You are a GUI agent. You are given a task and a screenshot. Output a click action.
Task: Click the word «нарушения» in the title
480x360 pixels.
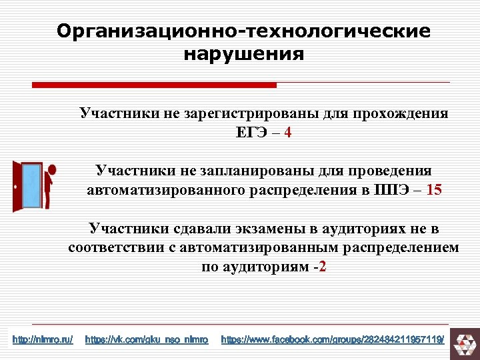point(243,53)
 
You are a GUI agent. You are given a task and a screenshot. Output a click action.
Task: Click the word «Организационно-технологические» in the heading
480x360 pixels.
point(243,31)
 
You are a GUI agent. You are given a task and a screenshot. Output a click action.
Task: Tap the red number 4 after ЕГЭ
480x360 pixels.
point(287,133)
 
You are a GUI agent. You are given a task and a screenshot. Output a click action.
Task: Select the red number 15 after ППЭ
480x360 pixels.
point(433,190)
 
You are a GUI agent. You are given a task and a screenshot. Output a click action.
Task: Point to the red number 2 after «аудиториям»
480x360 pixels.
point(323,267)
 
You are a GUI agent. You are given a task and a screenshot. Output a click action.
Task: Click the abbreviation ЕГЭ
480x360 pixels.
point(252,133)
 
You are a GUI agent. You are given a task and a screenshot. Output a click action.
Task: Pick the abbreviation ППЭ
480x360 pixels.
point(393,190)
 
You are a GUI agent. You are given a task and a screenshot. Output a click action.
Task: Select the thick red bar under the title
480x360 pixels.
point(154,85)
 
